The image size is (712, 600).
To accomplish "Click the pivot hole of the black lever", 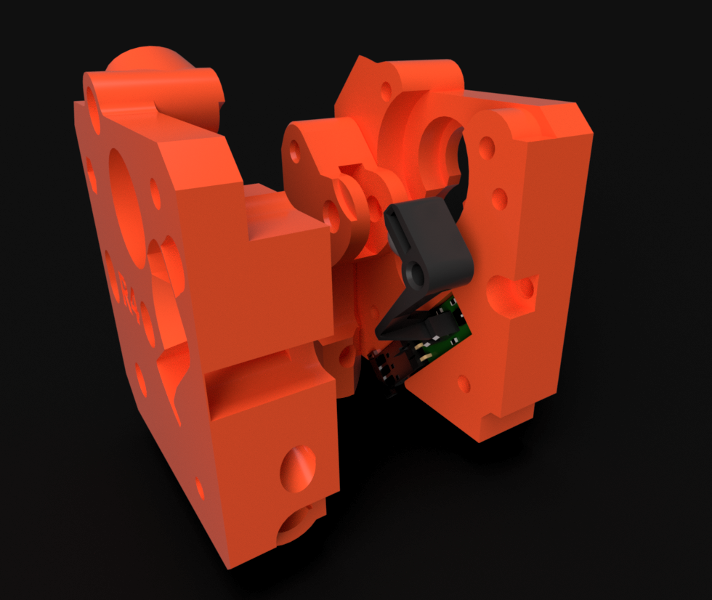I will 416,274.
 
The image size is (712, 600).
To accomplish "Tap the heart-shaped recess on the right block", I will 512,293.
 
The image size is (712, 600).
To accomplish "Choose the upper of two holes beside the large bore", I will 486,148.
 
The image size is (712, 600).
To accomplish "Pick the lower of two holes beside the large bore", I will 499,198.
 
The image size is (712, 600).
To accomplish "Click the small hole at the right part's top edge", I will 386,92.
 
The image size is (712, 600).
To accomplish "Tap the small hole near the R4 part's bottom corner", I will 200,487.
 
